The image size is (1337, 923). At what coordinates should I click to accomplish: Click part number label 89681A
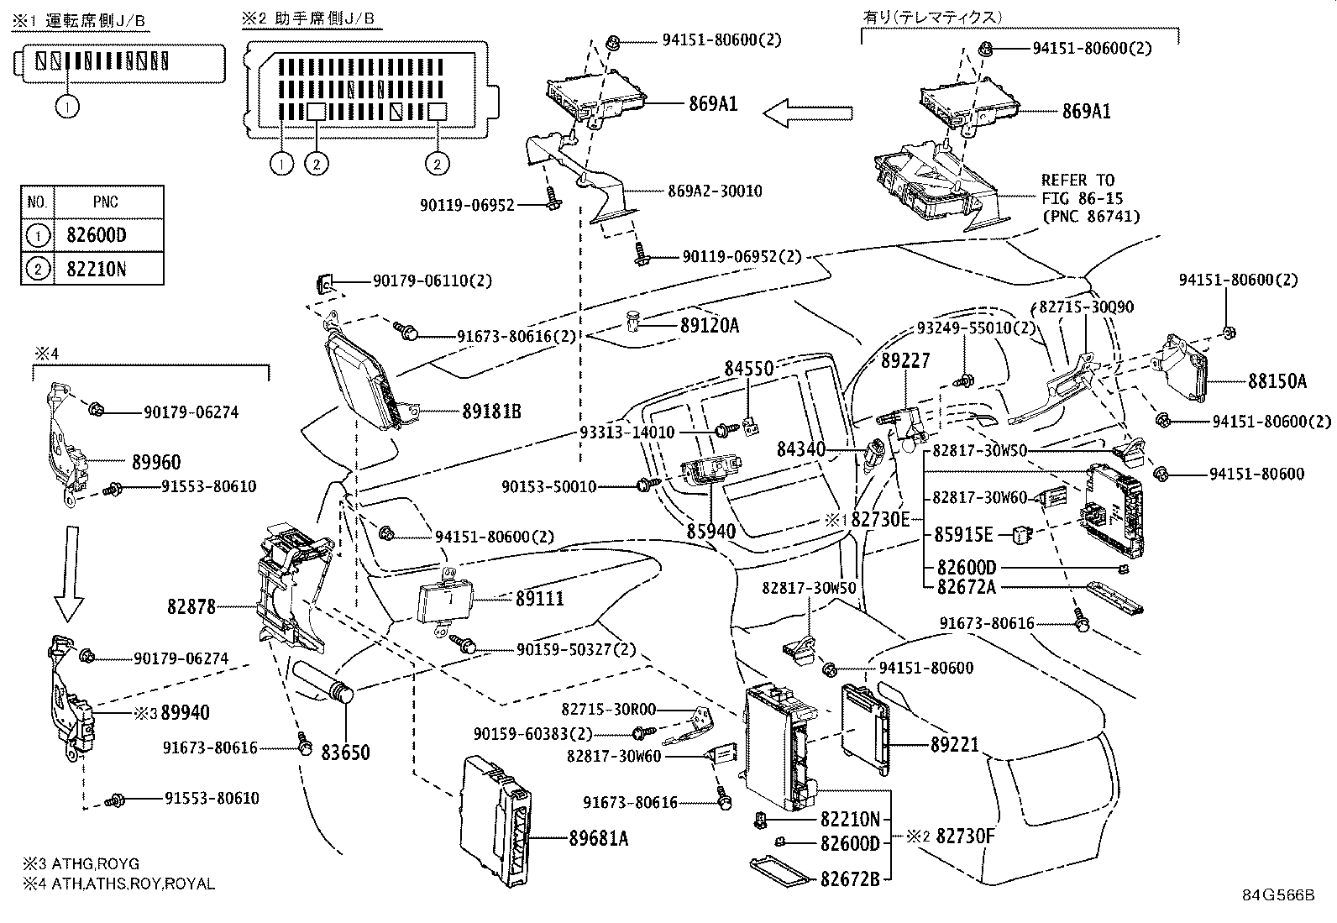[x=598, y=837]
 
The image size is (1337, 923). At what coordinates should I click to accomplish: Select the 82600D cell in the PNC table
[x=96, y=235]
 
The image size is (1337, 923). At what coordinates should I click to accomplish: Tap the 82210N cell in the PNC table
[x=96, y=269]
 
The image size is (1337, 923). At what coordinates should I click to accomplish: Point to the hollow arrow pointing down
[x=69, y=573]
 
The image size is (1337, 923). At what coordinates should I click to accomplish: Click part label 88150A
[x=1277, y=381]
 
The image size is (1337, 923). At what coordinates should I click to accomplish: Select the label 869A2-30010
[x=715, y=191]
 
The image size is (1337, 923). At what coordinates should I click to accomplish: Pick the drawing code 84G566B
[x=1278, y=894]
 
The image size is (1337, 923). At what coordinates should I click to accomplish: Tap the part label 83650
[x=345, y=753]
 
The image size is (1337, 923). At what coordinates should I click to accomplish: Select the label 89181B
[x=491, y=412]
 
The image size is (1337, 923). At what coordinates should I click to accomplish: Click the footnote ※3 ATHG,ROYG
[x=81, y=863]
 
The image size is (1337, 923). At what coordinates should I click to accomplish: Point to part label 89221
[x=954, y=744]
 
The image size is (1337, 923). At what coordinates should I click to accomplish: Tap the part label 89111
[x=539, y=598]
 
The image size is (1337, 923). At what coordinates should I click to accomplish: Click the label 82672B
[x=849, y=879]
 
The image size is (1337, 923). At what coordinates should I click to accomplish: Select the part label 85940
[x=710, y=531]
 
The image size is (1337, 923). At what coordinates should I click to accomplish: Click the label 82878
[x=191, y=606]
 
